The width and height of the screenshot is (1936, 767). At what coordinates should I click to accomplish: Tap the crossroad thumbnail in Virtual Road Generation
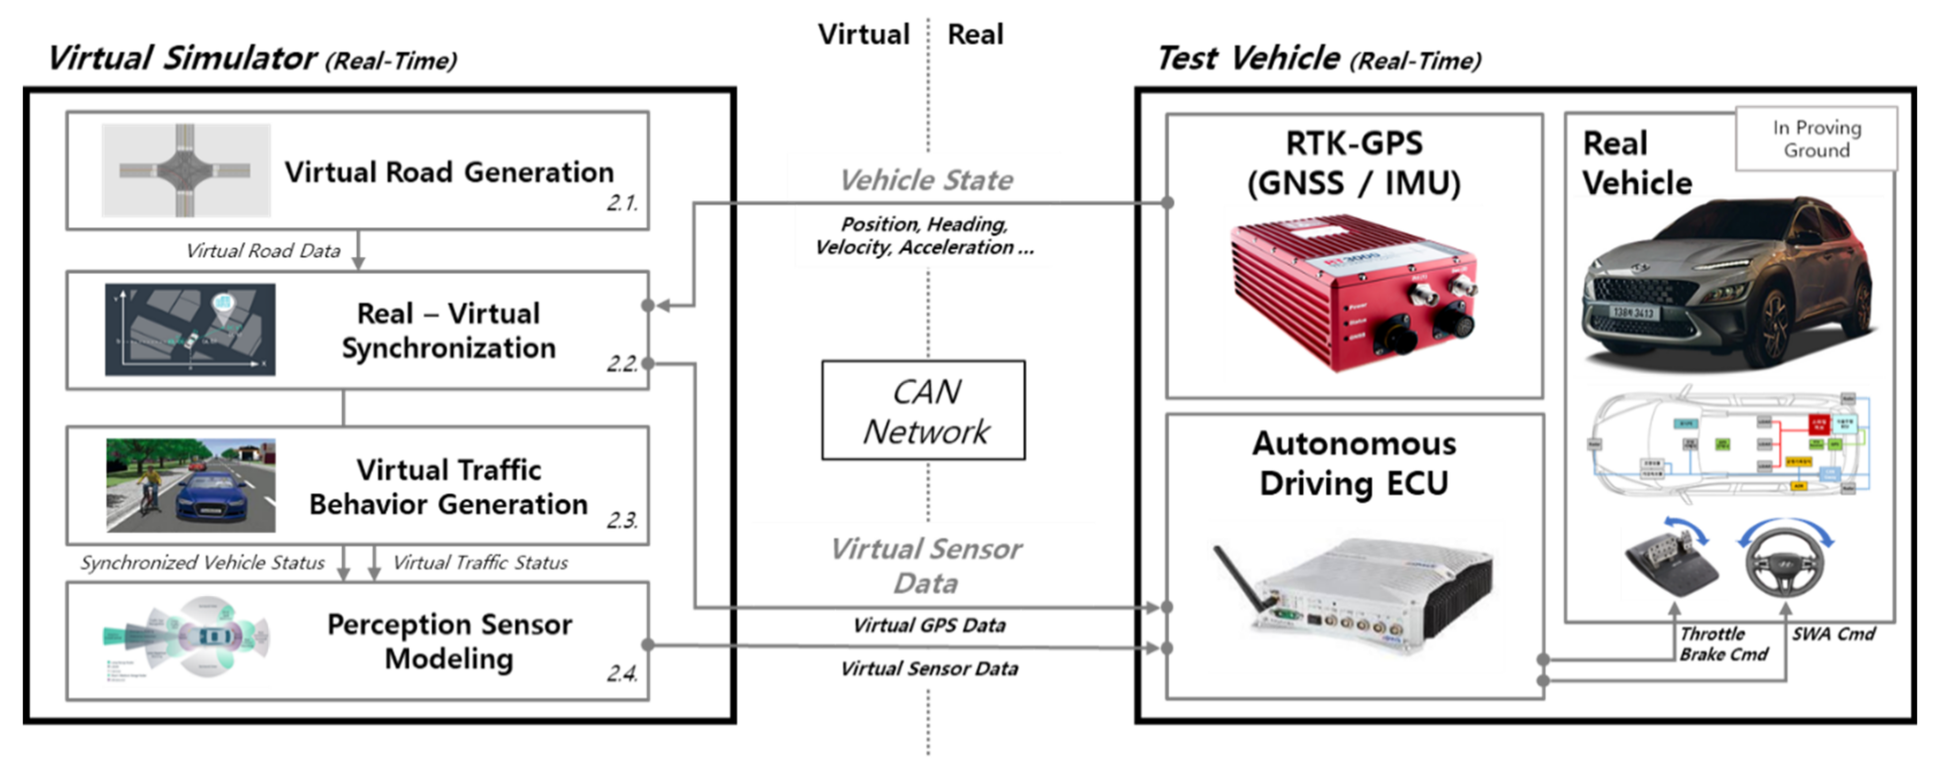tap(186, 170)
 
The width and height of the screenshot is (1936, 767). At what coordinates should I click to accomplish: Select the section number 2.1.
tap(622, 203)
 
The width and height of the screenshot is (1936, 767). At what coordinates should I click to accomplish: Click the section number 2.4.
tap(622, 673)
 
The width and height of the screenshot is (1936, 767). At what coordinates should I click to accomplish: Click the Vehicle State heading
tap(926, 180)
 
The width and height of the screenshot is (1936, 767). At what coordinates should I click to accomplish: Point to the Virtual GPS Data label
tap(929, 625)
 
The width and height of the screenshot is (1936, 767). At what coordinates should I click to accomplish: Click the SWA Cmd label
tap(1833, 634)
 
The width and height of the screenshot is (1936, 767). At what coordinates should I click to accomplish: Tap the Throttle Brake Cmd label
tap(1722, 644)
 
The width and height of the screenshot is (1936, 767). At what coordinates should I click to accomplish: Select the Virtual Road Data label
tap(263, 251)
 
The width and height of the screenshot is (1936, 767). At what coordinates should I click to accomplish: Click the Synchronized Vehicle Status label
tap(202, 563)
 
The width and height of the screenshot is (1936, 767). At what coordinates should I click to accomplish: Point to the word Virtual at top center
tap(864, 35)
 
